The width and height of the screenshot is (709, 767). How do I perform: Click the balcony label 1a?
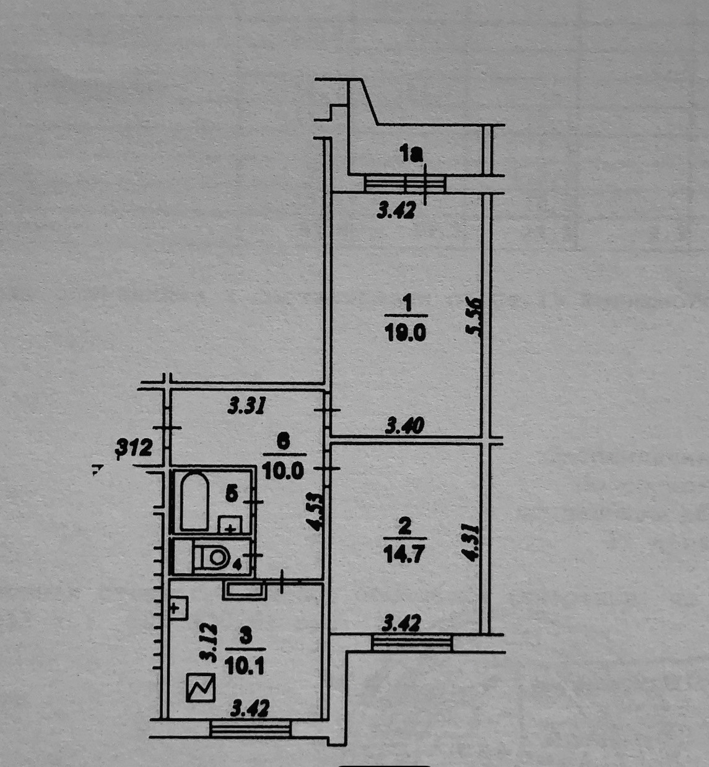tap(411, 153)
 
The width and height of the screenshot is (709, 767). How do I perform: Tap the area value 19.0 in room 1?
tap(406, 333)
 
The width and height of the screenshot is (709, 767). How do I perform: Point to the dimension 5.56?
tap(474, 317)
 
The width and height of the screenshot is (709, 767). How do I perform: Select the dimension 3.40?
tap(405, 426)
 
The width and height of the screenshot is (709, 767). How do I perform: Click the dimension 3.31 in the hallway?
tap(247, 406)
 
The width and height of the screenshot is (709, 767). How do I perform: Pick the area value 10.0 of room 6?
tap(283, 470)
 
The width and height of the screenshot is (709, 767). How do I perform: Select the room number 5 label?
tap(231, 493)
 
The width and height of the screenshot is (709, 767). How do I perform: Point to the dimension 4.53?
tap(316, 511)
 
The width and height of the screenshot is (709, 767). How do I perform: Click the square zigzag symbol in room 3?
tap(201, 688)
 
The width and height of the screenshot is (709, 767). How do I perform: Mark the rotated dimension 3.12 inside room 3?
tap(211, 643)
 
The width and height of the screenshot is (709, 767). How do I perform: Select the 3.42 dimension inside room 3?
tap(250, 708)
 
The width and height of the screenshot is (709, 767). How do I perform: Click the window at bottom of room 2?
tap(412, 642)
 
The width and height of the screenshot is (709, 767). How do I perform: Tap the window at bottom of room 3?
tap(250, 729)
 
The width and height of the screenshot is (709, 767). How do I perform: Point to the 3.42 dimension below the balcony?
tap(396, 211)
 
